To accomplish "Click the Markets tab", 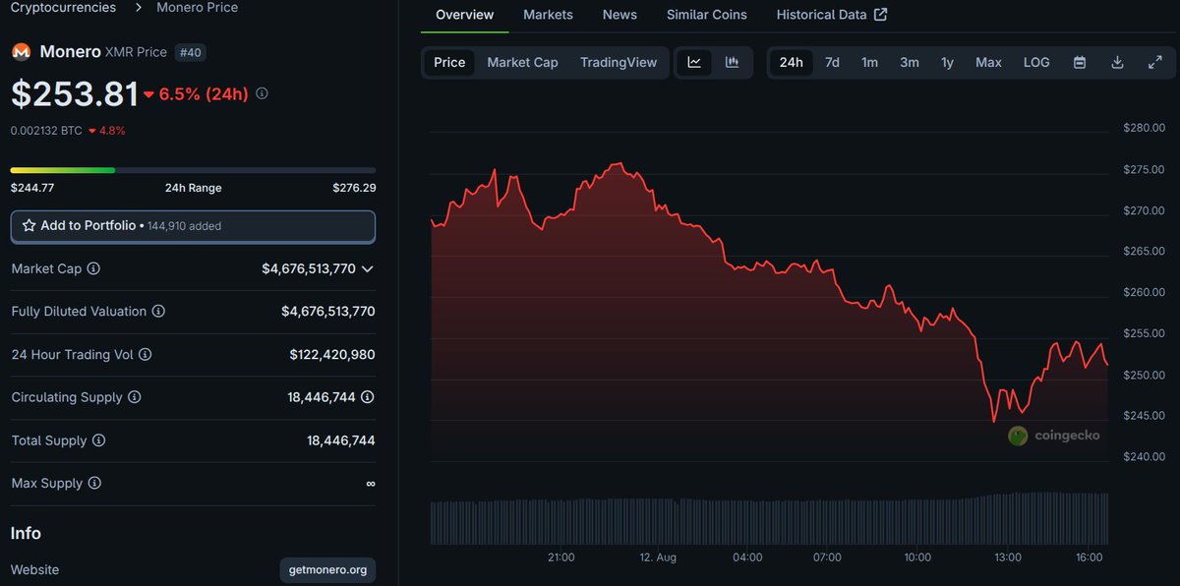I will (x=548, y=15).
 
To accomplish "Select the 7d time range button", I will (x=832, y=62).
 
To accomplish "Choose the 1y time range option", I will (x=947, y=62).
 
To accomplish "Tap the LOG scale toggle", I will (x=1036, y=62).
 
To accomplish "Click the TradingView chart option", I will (x=618, y=62).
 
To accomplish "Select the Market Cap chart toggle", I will (x=522, y=62).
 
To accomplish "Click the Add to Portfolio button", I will (x=193, y=226).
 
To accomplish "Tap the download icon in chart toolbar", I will (x=1117, y=62).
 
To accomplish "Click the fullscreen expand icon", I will (x=1155, y=62).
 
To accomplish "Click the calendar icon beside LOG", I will (x=1080, y=62).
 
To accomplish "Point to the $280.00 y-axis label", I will (x=1144, y=128).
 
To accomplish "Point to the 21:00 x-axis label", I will (x=560, y=557).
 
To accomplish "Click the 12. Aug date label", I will (x=658, y=557).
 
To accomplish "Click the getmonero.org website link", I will (x=327, y=570).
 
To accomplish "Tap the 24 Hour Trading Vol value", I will (x=331, y=355).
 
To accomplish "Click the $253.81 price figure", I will (x=75, y=94).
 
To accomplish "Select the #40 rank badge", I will (x=190, y=52).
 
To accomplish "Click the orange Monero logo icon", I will (x=21, y=52).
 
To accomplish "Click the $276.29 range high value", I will (x=354, y=188).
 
